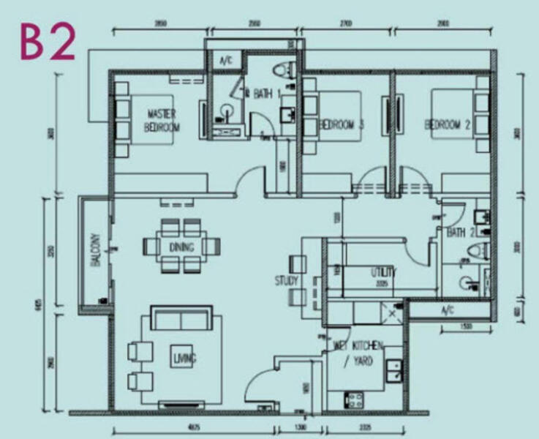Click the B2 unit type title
48,43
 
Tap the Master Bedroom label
162,120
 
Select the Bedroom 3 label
342,125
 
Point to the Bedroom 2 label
446,125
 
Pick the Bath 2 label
461,233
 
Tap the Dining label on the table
181,247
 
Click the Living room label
182,359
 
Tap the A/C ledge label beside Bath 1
225,61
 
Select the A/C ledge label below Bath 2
448,310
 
